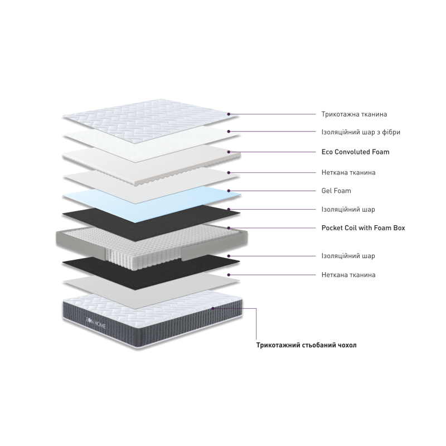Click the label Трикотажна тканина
pos(354,114)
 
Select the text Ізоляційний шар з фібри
pos(361,132)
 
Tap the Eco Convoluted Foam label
pos(355,152)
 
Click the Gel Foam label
pos(336,191)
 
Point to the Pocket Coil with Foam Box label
pos(363,228)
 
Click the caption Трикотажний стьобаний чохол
pos(306,345)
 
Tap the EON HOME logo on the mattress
pos(95,322)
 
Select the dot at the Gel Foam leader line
pos(229,191)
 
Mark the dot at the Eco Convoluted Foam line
pos(229,152)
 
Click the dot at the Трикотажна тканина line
pos(229,114)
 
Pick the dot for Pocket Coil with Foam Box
pos(229,228)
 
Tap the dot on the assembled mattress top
pos(213,308)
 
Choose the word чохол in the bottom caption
pos(347,345)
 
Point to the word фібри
pos(391,132)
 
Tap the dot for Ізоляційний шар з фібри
pos(229,132)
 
